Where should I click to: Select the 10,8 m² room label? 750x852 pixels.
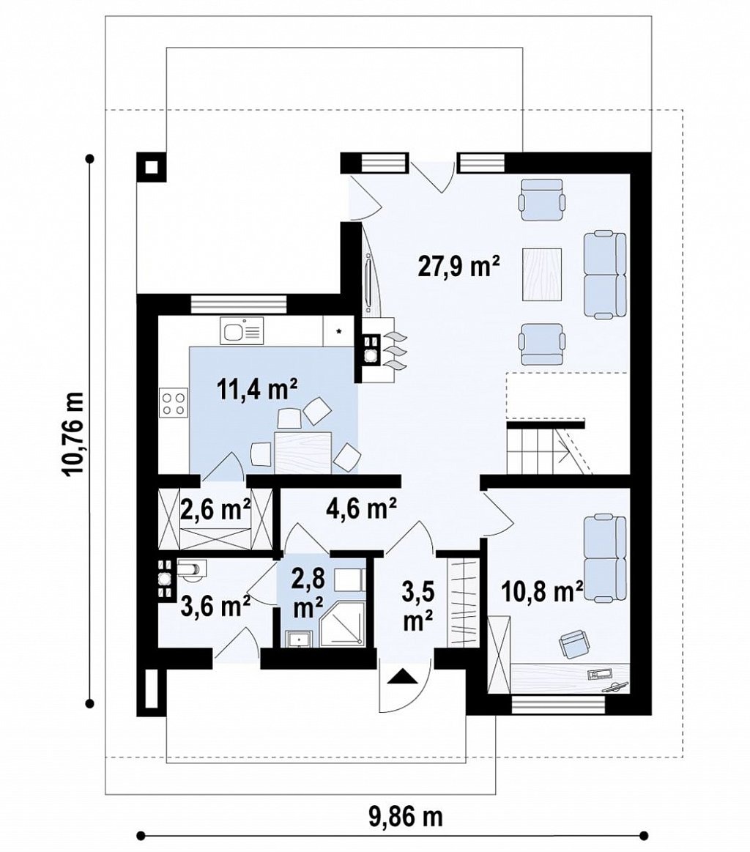click(x=542, y=591)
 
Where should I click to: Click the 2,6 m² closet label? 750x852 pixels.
click(x=215, y=509)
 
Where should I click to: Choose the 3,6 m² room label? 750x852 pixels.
click(x=215, y=606)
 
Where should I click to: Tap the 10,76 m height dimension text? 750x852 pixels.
click(x=74, y=434)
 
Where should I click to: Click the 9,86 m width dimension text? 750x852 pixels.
click(x=406, y=816)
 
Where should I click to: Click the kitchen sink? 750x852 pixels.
click(x=242, y=330)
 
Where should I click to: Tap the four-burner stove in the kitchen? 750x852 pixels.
click(x=174, y=403)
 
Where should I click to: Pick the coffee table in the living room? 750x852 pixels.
click(x=542, y=274)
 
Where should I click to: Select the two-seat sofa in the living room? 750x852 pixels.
click(x=605, y=275)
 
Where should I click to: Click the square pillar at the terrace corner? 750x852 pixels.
click(x=152, y=166)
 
